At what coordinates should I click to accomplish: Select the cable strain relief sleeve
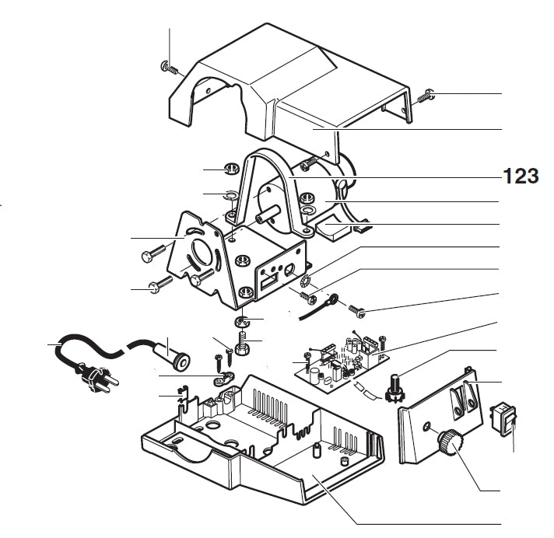[x=174, y=353]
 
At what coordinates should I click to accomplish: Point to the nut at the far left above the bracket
[x=230, y=169]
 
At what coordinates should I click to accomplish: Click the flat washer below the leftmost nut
[x=231, y=194]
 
